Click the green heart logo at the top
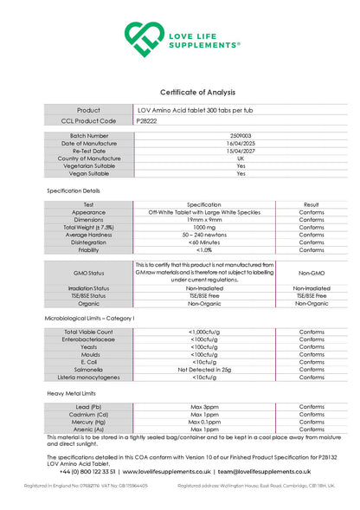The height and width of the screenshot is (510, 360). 143,38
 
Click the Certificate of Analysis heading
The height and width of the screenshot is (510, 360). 197,92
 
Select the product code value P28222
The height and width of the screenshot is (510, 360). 147,121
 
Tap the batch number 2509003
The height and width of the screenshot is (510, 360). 241,136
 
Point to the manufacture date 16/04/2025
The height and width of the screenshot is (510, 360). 241,143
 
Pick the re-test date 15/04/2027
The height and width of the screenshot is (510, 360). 241,151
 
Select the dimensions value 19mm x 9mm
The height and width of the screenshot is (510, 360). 204,220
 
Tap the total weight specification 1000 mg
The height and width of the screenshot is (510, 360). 204,227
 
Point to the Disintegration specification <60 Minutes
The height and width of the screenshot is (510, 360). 204,242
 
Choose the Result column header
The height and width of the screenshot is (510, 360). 312,204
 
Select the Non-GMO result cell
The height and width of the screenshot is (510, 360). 312,272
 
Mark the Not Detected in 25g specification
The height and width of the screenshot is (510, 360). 204,370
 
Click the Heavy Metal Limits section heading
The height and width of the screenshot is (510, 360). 72,393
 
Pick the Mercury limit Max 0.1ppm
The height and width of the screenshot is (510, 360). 204,422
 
